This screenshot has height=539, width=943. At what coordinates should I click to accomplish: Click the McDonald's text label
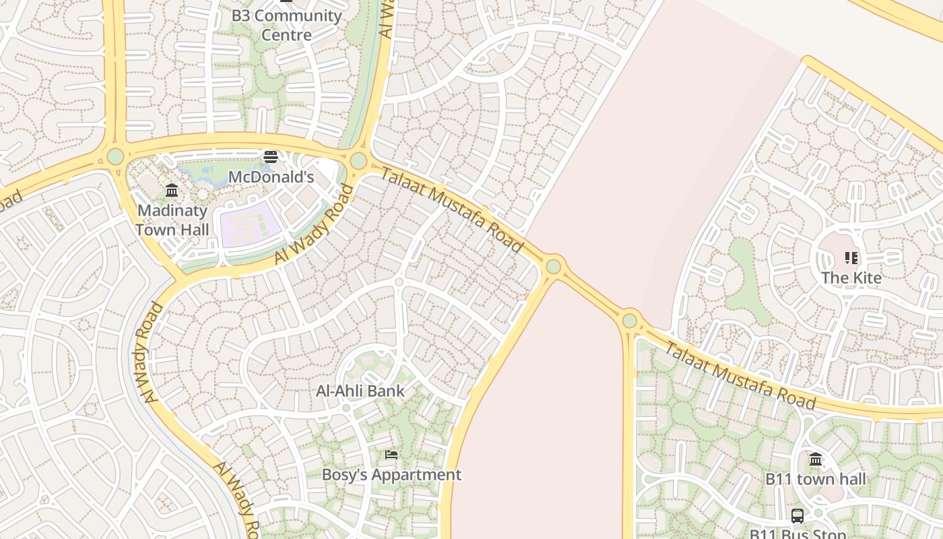click(271, 177)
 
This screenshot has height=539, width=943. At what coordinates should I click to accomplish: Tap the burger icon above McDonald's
click(271, 157)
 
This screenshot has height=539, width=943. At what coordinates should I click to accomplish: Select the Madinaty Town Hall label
click(172, 220)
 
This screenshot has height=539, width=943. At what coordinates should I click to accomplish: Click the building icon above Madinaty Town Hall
click(172, 191)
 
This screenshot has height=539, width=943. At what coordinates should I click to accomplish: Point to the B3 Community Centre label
click(286, 25)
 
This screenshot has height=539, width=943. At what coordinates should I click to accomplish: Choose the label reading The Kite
click(851, 278)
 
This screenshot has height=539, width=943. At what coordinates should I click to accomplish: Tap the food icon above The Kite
click(851, 257)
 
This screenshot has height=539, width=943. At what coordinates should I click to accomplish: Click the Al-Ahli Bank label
click(360, 391)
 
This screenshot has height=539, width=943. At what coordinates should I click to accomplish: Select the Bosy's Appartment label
click(391, 474)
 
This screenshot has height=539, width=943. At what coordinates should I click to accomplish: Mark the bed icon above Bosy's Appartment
click(391, 455)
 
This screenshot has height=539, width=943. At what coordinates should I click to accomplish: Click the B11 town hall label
click(815, 479)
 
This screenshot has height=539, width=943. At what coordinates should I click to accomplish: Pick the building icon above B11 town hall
click(816, 459)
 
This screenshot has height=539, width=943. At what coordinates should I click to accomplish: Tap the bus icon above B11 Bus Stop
click(798, 516)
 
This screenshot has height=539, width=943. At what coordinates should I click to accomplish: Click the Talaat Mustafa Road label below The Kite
click(740, 375)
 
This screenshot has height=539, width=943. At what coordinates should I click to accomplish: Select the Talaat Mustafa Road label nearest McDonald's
click(452, 210)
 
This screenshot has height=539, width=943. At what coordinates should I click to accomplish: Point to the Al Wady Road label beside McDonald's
click(315, 224)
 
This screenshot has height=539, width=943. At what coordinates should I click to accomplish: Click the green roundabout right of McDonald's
click(358, 161)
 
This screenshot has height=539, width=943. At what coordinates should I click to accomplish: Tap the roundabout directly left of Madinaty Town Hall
click(115, 156)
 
